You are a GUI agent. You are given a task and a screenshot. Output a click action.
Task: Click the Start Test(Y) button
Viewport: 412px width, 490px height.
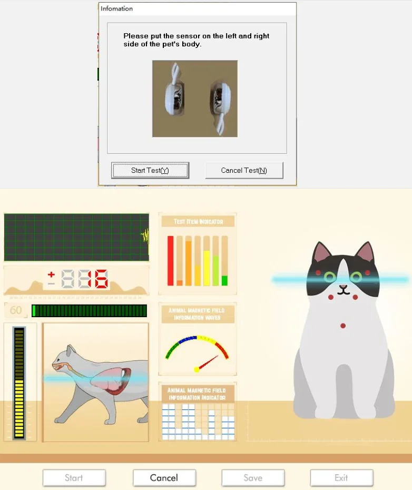click(150, 170)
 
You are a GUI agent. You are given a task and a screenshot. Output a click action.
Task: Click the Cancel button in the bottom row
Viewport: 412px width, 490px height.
click(164, 478)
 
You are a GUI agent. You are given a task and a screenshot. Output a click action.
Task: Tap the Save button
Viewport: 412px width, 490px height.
click(253, 478)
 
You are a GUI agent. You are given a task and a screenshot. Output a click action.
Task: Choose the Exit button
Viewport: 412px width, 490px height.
click(341, 478)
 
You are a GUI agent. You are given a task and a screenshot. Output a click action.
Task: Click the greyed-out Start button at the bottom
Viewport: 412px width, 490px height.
click(74, 478)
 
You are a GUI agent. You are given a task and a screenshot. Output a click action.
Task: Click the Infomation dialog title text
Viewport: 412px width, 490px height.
click(116, 8)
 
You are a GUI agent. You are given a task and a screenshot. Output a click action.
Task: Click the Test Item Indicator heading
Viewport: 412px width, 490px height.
click(198, 221)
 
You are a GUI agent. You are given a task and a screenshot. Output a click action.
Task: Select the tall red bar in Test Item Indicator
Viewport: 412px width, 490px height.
click(170, 260)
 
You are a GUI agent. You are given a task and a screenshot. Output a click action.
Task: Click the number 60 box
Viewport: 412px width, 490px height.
click(16, 310)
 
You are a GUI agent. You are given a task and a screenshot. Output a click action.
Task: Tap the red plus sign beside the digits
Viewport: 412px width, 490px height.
click(51, 275)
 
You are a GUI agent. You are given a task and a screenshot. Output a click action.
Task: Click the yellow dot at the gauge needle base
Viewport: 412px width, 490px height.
click(197, 369)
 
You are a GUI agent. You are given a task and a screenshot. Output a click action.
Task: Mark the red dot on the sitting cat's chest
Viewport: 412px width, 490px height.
click(343, 326)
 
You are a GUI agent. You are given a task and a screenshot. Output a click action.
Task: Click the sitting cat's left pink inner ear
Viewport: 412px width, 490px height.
click(321, 254)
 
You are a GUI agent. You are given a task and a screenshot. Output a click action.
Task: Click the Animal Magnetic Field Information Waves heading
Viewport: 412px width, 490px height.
click(198, 314)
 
